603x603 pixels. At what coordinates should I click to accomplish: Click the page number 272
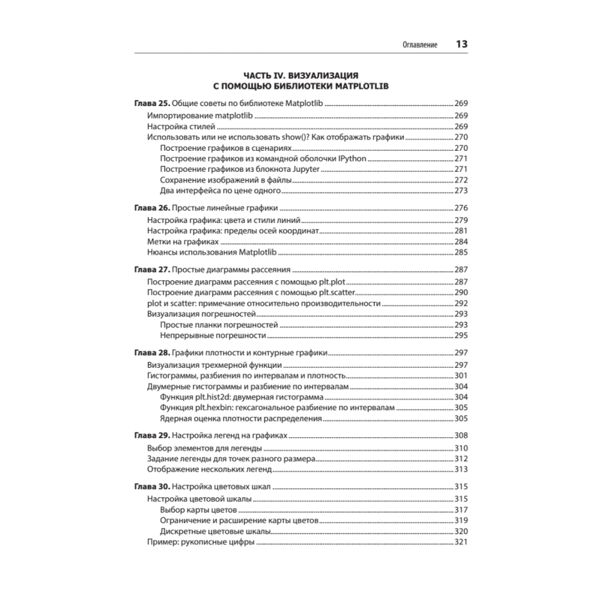[461, 180]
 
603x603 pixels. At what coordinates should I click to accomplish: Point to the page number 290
[461, 292]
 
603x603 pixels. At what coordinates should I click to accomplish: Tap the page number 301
[461, 376]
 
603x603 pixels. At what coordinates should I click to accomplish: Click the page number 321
[461, 543]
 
